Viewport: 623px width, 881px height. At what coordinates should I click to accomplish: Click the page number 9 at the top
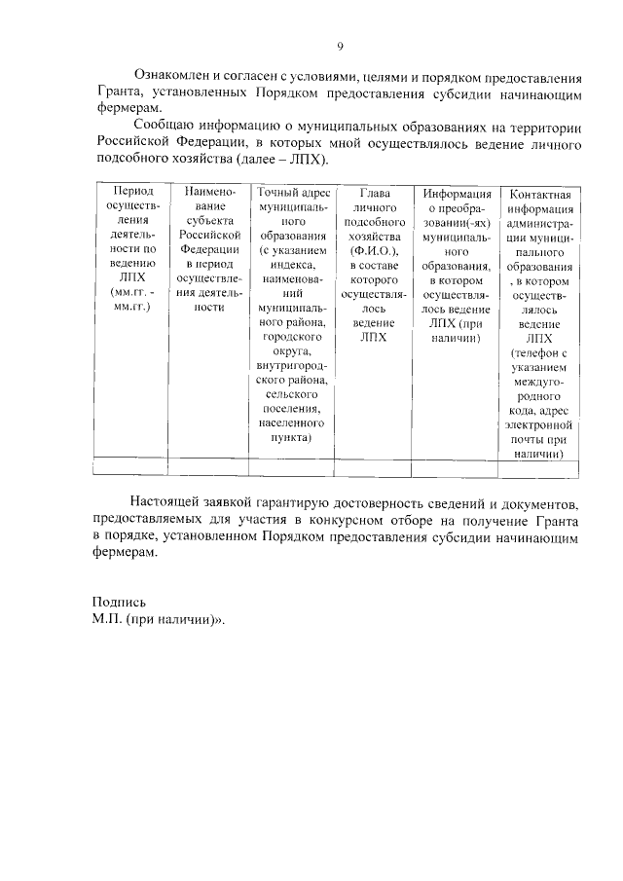(x=340, y=46)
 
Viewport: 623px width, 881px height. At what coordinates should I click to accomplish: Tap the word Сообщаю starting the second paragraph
(x=167, y=126)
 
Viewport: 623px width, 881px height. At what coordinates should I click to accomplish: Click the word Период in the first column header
(x=131, y=193)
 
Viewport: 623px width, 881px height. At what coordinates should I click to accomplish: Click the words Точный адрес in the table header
(x=293, y=193)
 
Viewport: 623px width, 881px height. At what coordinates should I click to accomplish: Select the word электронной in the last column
(x=538, y=424)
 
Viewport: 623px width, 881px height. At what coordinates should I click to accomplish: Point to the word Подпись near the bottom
(x=119, y=602)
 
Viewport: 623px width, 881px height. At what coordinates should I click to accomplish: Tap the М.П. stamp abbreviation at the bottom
(x=107, y=619)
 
